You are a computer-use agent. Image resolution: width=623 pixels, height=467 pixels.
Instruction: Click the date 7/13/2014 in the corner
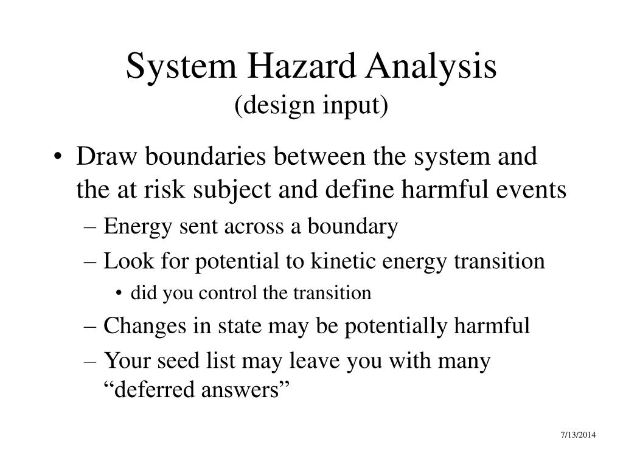[578, 435]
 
